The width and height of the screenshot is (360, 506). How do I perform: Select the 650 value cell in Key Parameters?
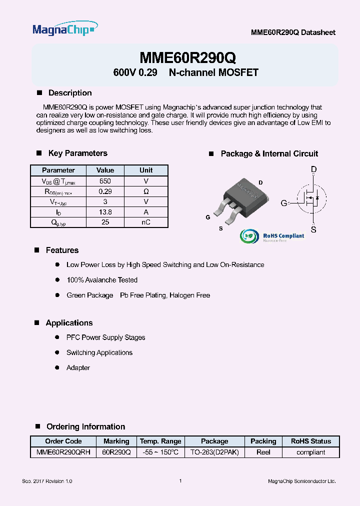105,181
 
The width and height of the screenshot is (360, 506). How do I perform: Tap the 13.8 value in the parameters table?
105,212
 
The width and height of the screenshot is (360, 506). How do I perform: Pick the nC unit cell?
146,222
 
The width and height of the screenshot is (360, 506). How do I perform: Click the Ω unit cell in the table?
146,191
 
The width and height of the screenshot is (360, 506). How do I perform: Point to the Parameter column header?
58,170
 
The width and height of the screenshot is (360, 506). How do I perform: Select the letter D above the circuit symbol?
313,170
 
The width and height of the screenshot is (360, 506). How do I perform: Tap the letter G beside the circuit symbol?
283,203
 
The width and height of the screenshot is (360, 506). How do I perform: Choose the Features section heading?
62,250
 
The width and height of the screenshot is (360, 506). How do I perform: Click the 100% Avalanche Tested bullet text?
102,280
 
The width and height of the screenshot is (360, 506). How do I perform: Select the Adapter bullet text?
78,367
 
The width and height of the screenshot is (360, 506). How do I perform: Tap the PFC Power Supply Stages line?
105,337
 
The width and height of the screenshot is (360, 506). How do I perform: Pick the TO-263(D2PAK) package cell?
214,452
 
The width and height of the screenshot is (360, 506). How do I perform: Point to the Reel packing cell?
263,452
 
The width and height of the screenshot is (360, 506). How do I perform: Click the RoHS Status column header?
310,441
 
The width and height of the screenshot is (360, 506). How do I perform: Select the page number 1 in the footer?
180,481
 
